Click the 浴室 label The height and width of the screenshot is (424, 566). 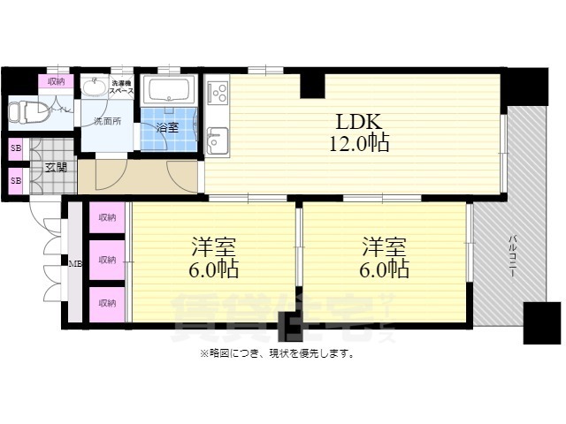(167, 128)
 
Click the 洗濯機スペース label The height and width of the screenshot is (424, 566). (121, 87)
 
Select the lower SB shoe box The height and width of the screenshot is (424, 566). (16, 181)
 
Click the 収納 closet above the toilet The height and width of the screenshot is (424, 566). (57, 82)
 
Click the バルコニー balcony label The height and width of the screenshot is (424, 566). (512, 256)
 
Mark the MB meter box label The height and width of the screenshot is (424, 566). (76, 262)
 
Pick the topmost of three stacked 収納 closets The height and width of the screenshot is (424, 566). (107, 217)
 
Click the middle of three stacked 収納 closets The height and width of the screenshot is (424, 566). (107, 261)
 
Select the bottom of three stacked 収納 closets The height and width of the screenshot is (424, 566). (107, 303)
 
